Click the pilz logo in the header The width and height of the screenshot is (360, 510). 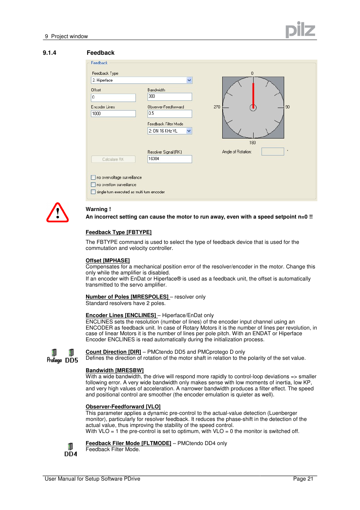pyautogui.click(x=300, y=30)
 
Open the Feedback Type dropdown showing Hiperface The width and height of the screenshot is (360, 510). pyautogui.click(x=142, y=80)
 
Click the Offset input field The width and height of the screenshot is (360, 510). pyautogui.click(x=113, y=98)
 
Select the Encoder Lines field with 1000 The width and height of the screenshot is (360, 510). pyautogui.click(x=113, y=114)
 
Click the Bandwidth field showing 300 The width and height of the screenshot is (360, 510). pyautogui.click(x=169, y=97)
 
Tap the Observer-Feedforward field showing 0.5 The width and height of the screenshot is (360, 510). pyautogui.click(x=169, y=114)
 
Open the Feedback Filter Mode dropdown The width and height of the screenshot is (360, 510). pyautogui.click(x=169, y=131)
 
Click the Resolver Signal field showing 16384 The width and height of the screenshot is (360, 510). pyautogui.click(x=169, y=159)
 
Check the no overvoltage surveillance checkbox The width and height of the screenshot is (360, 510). pyautogui.click(x=93, y=177)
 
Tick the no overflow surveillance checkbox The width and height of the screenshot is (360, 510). pyautogui.click(x=93, y=185)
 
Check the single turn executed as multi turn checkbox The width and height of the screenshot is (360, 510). pyautogui.click(x=93, y=192)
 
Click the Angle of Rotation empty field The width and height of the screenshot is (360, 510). pyautogui.click(x=272, y=152)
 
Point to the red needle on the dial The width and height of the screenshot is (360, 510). pyautogui.click(x=253, y=94)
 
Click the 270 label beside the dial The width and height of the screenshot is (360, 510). pyautogui.click(x=217, y=107)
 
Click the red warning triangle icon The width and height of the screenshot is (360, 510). pyautogui.click(x=57, y=213)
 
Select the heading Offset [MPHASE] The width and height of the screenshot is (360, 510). pyautogui.click(x=108, y=260)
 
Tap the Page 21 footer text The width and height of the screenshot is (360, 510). pyautogui.click(x=303, y=479)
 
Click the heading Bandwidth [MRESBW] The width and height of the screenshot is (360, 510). pyautogui.click(x=114, y=370)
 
